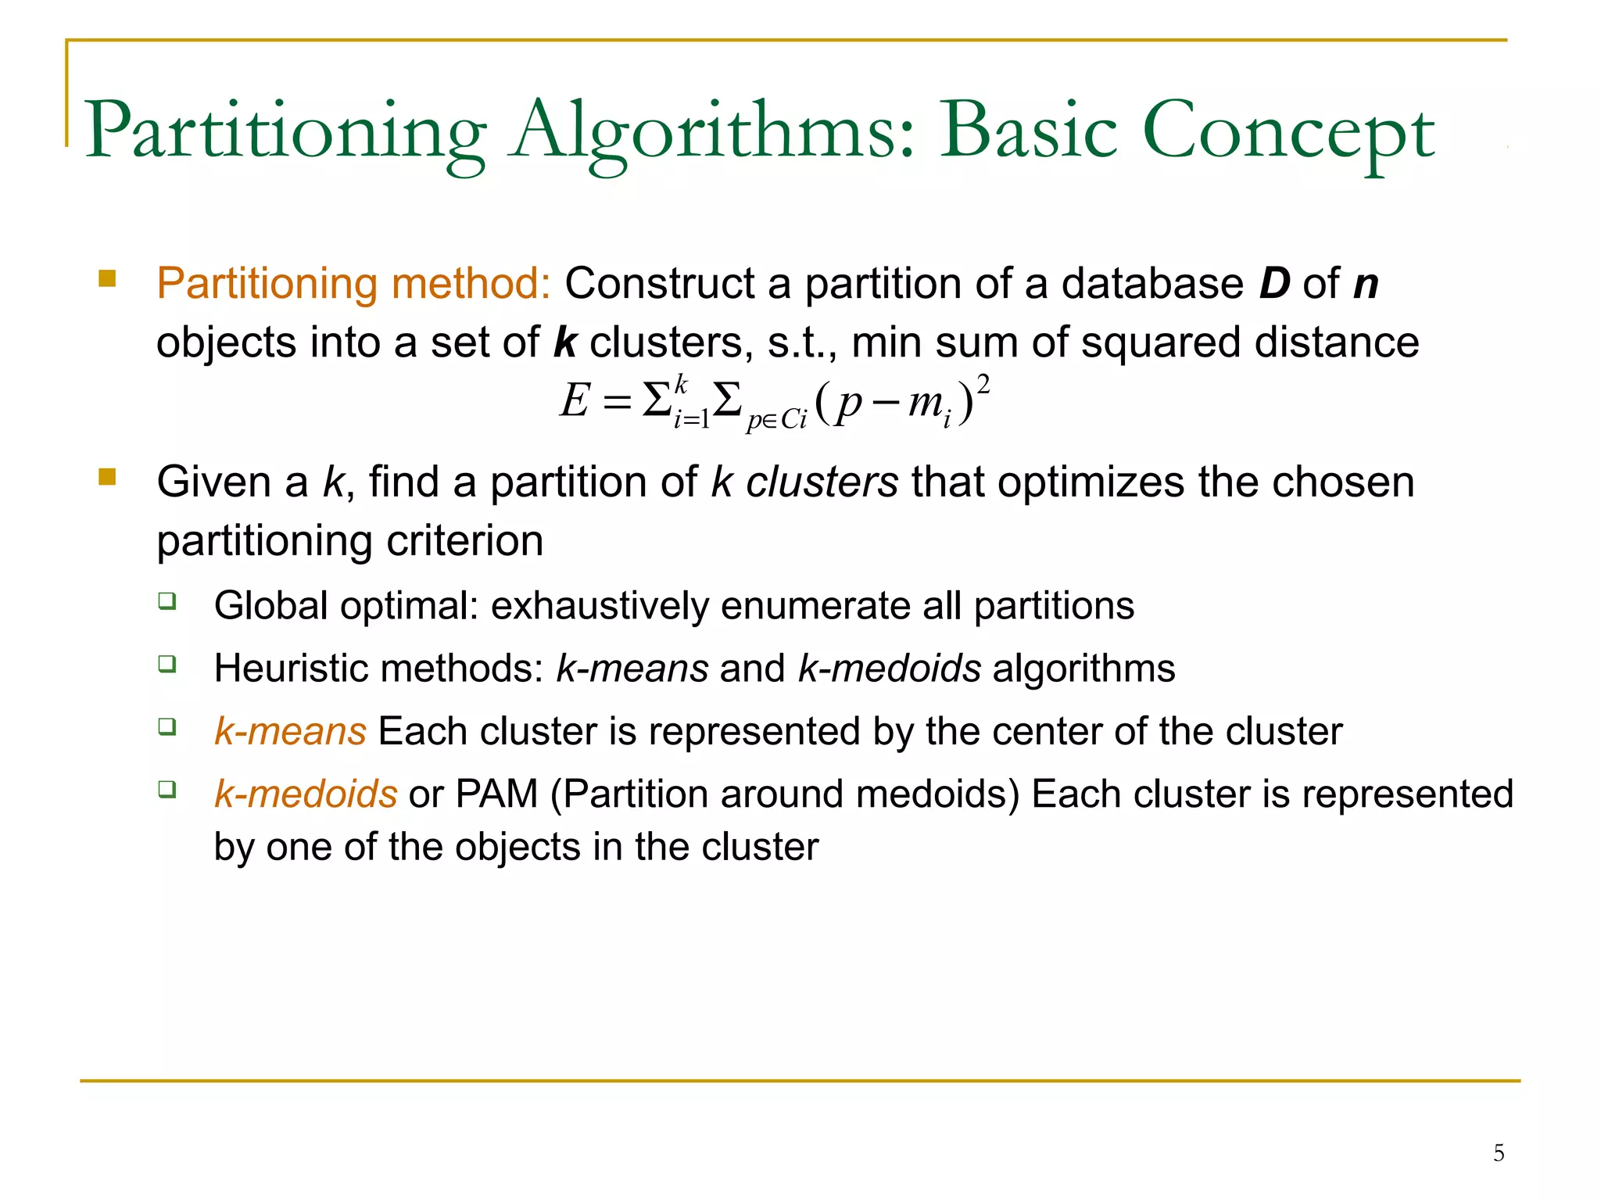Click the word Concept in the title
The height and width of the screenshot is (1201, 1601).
pos(1288,131)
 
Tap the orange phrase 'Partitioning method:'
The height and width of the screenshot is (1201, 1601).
pos(354,283)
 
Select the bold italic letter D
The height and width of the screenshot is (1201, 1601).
pos(1274,283)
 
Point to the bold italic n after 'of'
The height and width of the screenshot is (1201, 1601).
pos(1366,284)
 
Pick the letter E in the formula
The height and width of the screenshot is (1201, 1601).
pos(575,401)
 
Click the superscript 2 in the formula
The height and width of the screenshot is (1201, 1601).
pos(983,384)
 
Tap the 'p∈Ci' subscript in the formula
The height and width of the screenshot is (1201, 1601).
pos(775,420)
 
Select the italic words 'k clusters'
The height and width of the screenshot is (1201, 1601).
pos(804,482)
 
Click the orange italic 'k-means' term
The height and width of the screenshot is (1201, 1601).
pos(290,732)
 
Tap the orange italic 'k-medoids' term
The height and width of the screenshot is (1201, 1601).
pos(306,794)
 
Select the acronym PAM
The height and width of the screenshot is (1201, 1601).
pos(496,794)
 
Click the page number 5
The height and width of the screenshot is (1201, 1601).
pos(1499,1153)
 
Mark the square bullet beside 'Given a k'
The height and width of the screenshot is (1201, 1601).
pos(107,477)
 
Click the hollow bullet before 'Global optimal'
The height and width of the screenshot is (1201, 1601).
pos(167,601)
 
